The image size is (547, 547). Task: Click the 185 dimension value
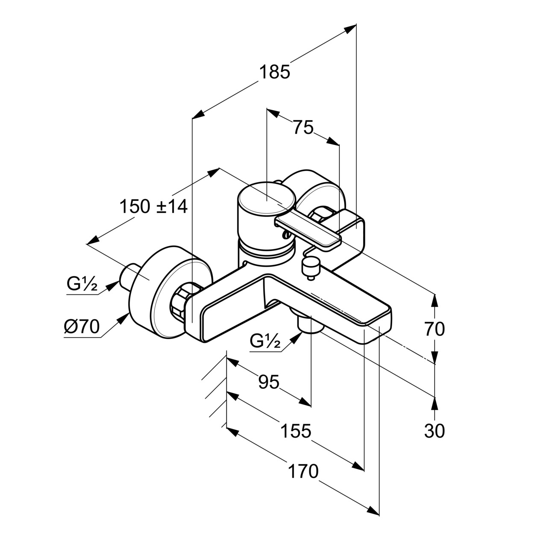pyautogui.click(x=274, y=72)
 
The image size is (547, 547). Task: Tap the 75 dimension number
pyautogui.click(x=303, y=127)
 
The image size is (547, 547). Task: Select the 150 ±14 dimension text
pyautogui.click(x=153, y=207)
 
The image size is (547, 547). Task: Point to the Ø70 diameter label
pyautogui.click(x=82, y=327)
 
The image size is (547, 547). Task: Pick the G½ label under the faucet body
pyautogui.click(x=265, y=341)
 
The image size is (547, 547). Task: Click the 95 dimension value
pyautogui.click(x=269, y=382)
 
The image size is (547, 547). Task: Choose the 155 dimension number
pyautogui.click(x=296, y=431)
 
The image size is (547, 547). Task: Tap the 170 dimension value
pyautogui.click(x=303, y=471)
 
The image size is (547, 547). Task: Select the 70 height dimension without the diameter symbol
pyautogui.click(x=435, y=329)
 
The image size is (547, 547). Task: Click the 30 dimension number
pyautogui.click(x=435, y=431)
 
